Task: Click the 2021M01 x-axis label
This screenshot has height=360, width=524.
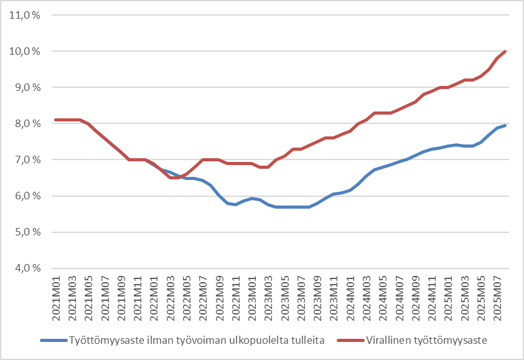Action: [57, 298]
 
